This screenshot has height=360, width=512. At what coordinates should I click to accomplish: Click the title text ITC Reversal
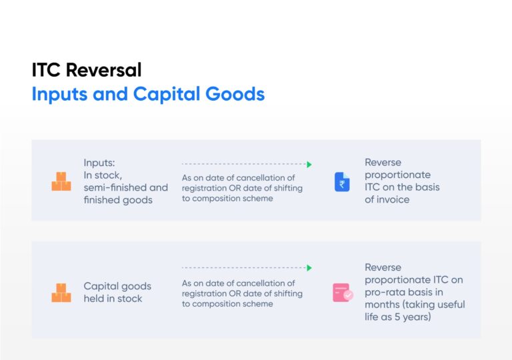pos(86,70)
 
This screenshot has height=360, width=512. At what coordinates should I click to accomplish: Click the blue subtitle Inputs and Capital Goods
pos(148,93)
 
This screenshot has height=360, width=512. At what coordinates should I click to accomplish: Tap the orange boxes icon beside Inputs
pos(61,181)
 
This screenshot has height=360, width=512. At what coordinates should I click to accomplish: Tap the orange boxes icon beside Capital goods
pos(61,293)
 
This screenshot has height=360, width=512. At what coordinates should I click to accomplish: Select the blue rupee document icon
pos(342,181)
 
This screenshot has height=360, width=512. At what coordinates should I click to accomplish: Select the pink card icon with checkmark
pos(343,293)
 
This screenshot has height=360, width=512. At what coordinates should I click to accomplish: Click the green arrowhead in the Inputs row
pos(309,164)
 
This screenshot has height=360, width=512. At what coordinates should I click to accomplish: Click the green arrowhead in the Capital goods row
pos(309,268)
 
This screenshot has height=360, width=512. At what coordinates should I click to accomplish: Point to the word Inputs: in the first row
pos(100,163)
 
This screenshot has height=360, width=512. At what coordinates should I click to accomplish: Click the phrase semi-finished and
pos(125,187)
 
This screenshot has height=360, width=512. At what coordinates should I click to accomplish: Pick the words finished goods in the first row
pos(118,200)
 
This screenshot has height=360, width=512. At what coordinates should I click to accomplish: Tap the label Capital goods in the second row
pos(117,286)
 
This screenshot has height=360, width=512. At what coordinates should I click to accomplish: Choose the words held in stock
pos(113,299)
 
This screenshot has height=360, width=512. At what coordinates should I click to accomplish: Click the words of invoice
pos(387,199)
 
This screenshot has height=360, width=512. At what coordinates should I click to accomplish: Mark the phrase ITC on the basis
pos(402,187)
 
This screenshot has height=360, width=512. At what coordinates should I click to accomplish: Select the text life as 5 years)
pos(398,317)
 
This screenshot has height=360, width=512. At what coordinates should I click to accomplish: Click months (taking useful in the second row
pos(415,305)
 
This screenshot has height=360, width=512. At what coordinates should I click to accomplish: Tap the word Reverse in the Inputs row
pos(383,163)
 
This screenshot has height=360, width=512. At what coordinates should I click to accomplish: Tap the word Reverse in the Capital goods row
pos(383,267)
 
